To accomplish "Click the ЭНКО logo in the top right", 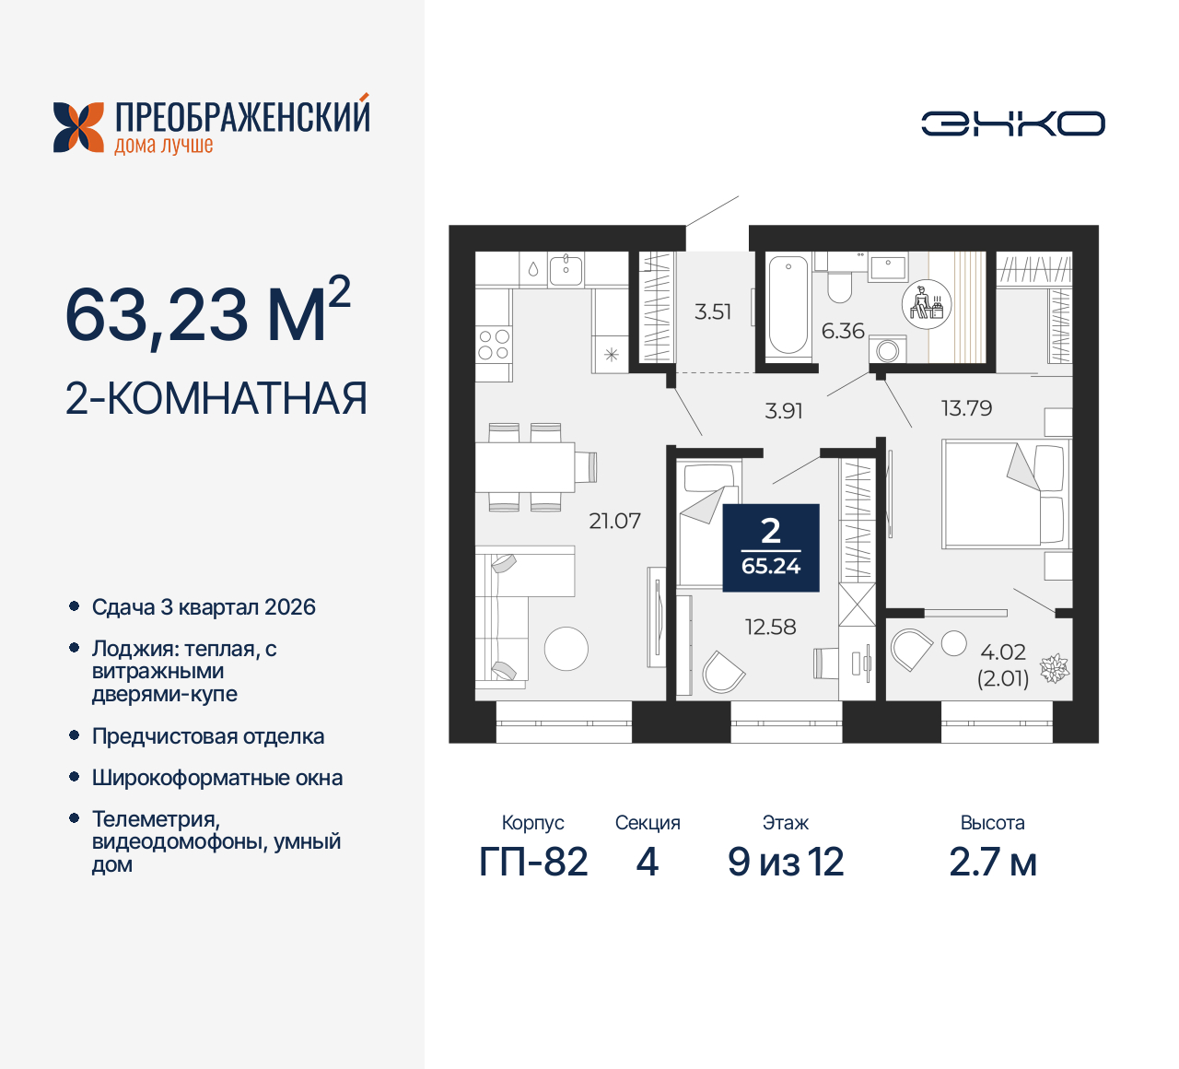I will pos(1012,123).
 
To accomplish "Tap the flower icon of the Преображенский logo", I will pos(78,127).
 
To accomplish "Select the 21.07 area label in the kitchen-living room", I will pos(614,521).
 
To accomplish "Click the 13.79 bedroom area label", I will pos(966,408).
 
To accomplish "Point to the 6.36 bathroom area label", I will pos(843,331).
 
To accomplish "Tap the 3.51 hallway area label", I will pos(713,311).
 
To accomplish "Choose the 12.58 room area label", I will pos(770,627).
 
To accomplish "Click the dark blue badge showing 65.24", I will pos(771,547).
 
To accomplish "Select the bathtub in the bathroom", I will pos(788,305).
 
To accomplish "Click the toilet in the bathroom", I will pos(839,283).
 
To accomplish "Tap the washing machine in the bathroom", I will pos(888,350).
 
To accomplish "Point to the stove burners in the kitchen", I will pos(494,345).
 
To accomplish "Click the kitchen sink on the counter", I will pos(566,268).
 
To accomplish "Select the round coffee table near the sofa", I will pos(566,649).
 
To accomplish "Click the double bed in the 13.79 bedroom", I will pos(1004,494).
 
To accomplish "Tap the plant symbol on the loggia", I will pos(1055,668).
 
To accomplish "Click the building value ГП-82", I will pos(533,862).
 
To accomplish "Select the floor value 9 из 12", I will pos(786,862).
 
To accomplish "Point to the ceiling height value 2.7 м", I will pos(993,862).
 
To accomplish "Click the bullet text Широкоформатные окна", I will pos(217,778).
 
